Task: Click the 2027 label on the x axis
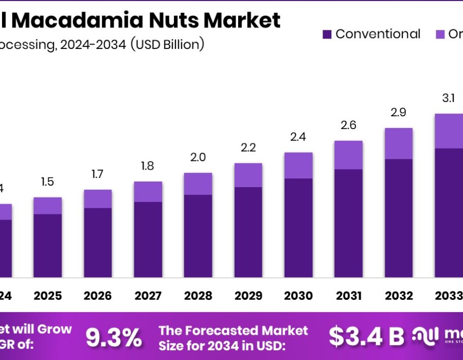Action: pos(148,296)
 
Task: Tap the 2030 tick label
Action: pos(298,296)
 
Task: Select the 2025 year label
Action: pos(48,296)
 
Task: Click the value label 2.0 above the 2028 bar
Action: pos(198,157)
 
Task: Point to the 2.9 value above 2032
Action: pos(399,112)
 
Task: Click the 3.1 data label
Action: pos(449,98)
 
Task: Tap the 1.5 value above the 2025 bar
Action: pos(48,182)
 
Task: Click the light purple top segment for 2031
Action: pos(348,155)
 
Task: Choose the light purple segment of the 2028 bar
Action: pos(198,184)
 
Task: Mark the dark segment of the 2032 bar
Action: pos(399,218)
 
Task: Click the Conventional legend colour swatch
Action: pos(327,34)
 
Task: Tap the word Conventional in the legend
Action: pos(378,34)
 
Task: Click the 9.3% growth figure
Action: pos(114,337)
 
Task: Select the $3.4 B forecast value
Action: pos(366,337)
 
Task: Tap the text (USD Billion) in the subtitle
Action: pos(167,44)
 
